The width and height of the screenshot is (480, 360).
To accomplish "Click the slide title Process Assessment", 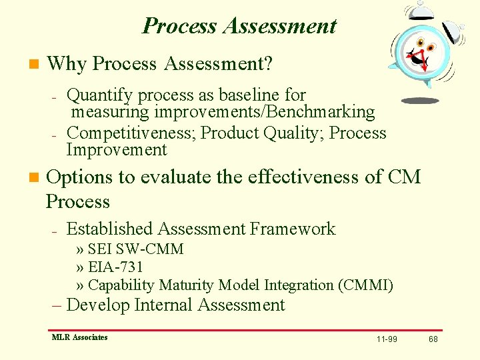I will click(x=239, y=25).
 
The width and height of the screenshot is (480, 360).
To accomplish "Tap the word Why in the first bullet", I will click(x=67, y=64).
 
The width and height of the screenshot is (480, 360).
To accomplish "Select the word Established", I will click(x=110, y=229).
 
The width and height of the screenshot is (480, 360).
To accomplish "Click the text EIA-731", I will click(x=115, y=267).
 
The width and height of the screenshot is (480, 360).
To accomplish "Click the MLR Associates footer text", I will click(x=79, y=337).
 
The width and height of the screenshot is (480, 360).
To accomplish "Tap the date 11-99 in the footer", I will click(x=386, y=339).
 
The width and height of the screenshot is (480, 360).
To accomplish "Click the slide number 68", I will click(x=433, y=339).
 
